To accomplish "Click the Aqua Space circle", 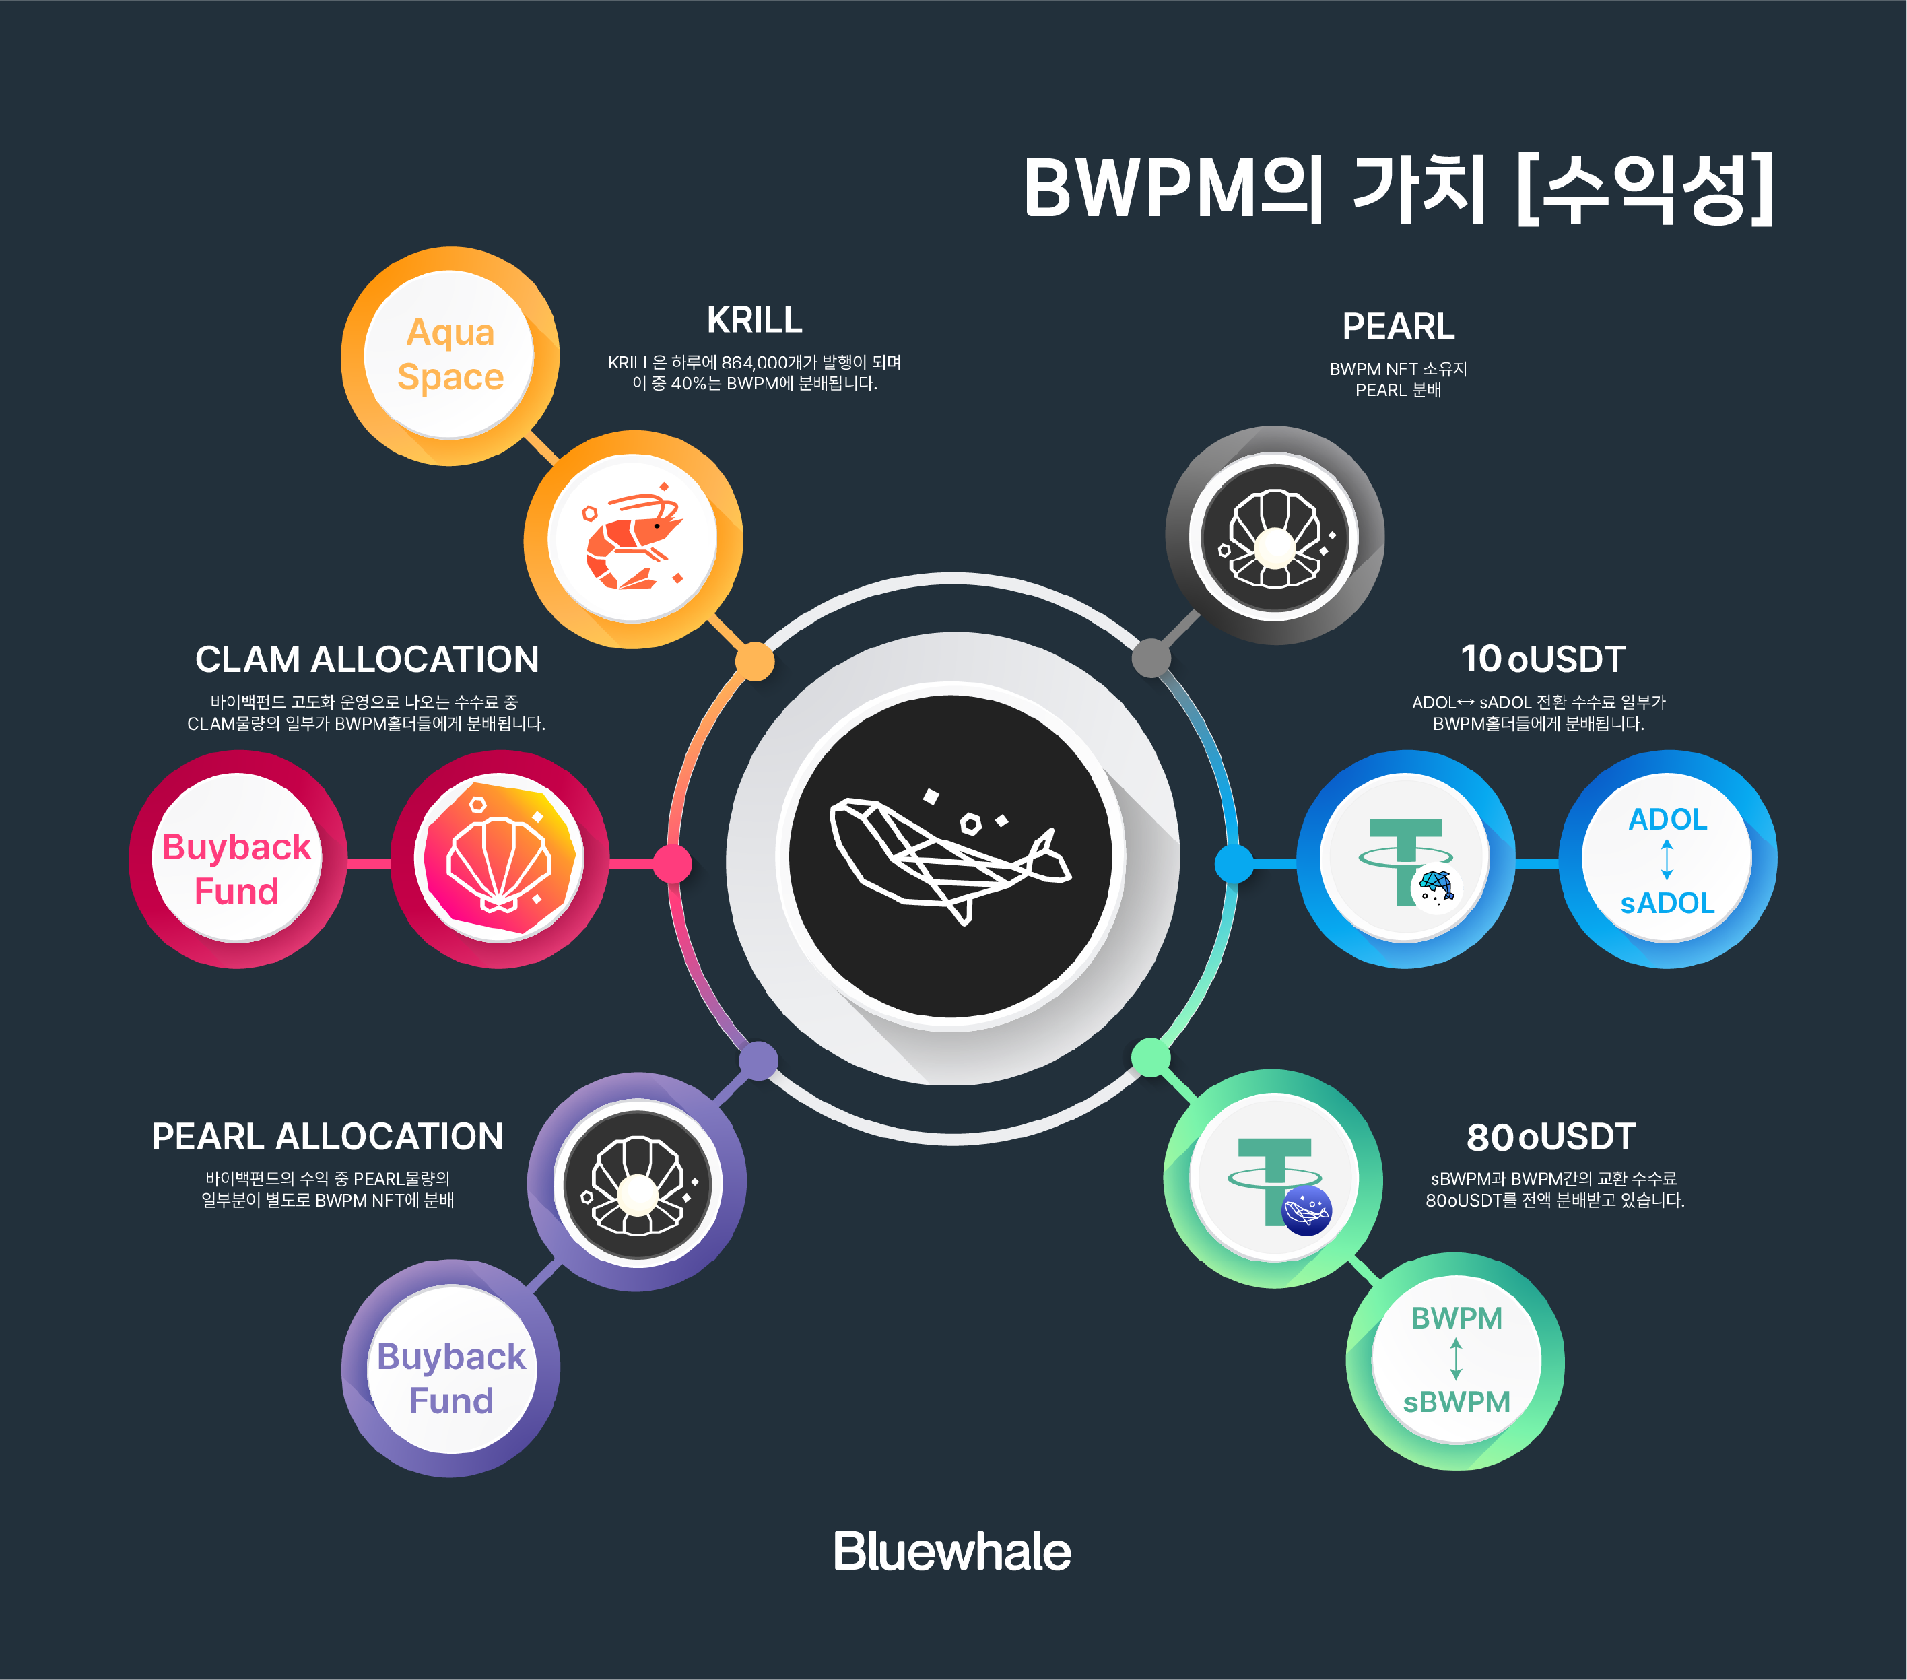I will click(x=450, y=356).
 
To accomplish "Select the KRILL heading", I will click(x=754, y=320).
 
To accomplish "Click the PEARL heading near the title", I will click(x=1398, y=327).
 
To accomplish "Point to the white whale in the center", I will click(x=949, y=859).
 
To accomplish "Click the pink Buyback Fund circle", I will click(x=237, y=859).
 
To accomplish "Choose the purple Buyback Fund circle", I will click(x=450, y=1368).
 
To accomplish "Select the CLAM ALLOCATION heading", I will click(x=367, y=659).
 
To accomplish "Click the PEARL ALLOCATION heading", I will click(x=327, y=1136).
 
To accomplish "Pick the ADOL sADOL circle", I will click(x=1667, y=859).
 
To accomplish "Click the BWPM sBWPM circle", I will click(x=1455, y=1361).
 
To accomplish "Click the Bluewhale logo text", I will click(x=951, y=1552).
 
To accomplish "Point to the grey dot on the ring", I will click(x=1151, y=658).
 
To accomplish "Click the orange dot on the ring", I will click(x=755, y=661).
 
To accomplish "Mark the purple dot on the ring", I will click(x=758, y=1061).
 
